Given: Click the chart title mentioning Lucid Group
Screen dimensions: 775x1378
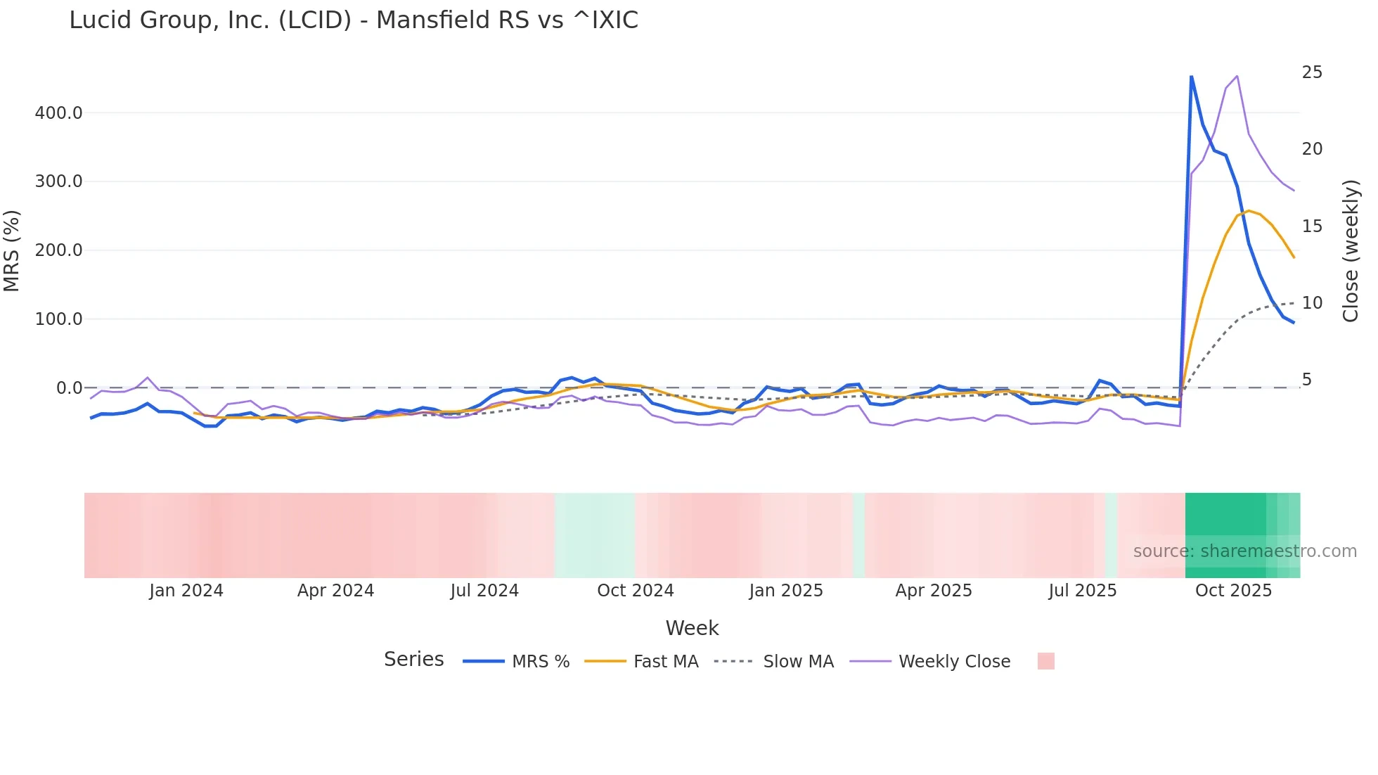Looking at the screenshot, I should (354, 20).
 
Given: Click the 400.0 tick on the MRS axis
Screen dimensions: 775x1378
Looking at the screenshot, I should (58, 113).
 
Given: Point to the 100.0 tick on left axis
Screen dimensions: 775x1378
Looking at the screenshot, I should (58, 319).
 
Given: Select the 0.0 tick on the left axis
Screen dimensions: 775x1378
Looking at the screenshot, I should (69, 388).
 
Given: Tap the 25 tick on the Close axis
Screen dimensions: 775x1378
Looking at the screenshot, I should (1312, 72).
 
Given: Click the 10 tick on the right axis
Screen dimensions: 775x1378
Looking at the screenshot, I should (1312, 303).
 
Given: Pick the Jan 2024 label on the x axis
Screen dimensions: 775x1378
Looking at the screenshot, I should (186, 591).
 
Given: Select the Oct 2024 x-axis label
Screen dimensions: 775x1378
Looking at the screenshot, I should (635, 591).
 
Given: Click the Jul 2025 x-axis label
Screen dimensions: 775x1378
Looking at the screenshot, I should (1083, 591).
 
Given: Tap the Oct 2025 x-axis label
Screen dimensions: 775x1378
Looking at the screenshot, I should (1233, 591).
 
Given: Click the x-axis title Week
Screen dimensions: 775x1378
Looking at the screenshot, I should (692, 628).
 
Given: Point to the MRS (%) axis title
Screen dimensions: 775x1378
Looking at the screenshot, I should (12, 251).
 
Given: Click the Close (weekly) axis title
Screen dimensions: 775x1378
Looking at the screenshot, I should (1351, 251).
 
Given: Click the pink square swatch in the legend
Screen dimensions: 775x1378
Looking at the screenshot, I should (1045, 661).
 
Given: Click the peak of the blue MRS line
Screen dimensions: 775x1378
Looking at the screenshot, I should (1191, 76).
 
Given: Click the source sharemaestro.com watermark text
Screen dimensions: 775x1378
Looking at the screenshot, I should (1244, 551).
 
